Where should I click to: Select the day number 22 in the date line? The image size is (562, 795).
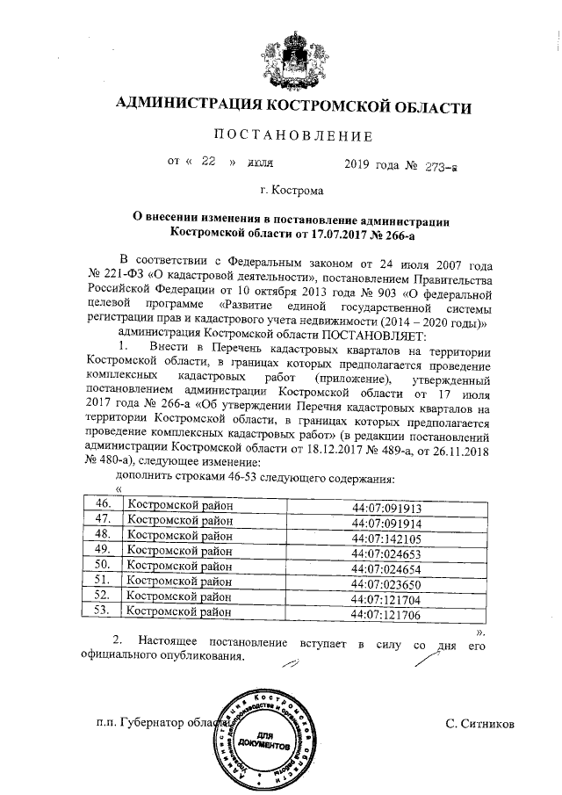(x=208, y=163)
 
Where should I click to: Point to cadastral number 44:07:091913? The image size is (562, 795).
(x=385, y=507)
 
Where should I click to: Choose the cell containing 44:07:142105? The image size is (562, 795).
(x=385, y=537)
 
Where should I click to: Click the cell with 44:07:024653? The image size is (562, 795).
(x=385, y=552)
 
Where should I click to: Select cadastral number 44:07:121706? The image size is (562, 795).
(x=385, y=613)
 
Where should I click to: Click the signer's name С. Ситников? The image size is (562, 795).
(x=479, y=724)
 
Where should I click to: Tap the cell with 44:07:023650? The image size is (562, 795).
(x=385, y=582)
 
